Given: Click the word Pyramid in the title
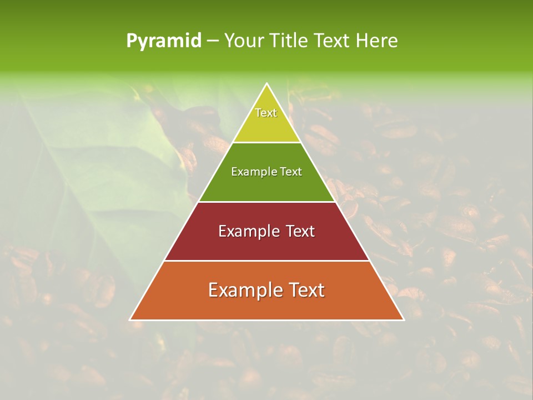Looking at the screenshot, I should tap(164, 41).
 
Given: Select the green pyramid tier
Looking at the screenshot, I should tap(266, 186).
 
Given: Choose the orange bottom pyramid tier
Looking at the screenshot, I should tap(266, 306).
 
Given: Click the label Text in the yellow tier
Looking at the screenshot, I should tap(266, 113).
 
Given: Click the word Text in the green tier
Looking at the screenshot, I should tap(291, 172).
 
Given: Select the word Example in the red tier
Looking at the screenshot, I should tap(249, 231).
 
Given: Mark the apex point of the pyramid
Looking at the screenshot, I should tap(267, 84).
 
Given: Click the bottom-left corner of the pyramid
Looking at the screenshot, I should tap(130, 319).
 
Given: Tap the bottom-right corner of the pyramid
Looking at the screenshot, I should tap(403, 319).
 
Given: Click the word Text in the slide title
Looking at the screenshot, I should tap(332, 41).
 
